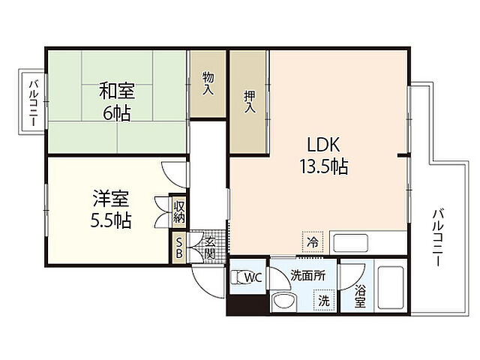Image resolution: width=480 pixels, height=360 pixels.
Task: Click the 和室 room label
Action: [x=117, y=91]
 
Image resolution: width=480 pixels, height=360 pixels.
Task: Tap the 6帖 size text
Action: [x=117, y=113]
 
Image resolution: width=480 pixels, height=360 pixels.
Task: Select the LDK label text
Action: [x=323, y=145]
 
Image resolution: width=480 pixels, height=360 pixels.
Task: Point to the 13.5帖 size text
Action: [x=323, y=166]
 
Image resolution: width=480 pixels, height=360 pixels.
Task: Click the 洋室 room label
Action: [x=111, y=198]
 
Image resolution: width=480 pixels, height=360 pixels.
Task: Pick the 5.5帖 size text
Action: [x=111, y=220]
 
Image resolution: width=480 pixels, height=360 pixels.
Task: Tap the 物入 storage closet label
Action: [x=208, y=82]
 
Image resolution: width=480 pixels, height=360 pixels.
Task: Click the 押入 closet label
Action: [x=250, y=102]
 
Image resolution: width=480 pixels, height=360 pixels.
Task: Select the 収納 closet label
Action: [x=179, y=212]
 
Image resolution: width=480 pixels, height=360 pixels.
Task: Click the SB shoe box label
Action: [x=179, y=248]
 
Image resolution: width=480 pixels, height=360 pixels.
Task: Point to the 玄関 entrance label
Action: [x=210, y=248]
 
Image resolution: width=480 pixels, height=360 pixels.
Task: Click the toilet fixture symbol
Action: [x=238, y=277]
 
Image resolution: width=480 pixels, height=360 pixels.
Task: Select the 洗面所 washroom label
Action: [x=308, y=276]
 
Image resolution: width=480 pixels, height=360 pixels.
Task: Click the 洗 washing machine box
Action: [x=324, y=300]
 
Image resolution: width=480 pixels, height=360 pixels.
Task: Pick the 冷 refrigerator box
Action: [x=313, y=242]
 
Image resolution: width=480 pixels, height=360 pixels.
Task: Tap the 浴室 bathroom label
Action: [x=360, y=295]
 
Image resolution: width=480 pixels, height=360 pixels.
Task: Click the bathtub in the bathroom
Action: [x=390, y=287]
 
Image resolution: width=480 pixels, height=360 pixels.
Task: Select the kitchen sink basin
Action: [x=350, y=243]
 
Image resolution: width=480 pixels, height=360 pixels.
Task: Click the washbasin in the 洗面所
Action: [x=283, y=301]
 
